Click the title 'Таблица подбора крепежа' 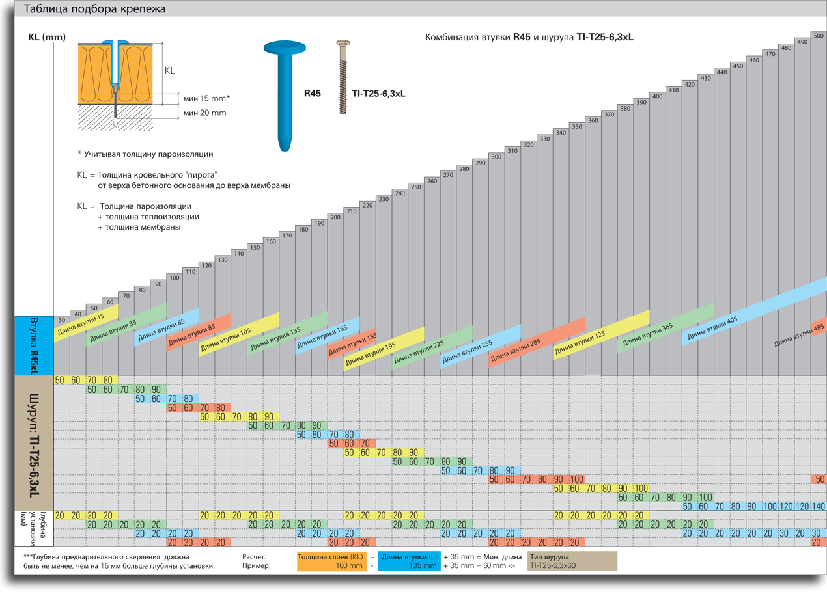click(x=94, y=8)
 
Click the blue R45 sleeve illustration click(x=285, y=96)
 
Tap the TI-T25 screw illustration click(x=343, y=77)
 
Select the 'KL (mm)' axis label click(x=47, y=37)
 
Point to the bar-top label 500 click(x=819, y=36)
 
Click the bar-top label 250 click(x=415, y=187)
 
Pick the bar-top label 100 click(x=175, y=278)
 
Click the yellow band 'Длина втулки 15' click(x=86, y=323)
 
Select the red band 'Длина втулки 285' click(x=537, y=342)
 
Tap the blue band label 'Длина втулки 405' click(x=712, y=328)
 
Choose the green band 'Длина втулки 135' click(x=287, y=334)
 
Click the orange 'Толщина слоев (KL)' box click(x=332, y=561)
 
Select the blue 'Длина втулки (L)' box click(x=409, y=561)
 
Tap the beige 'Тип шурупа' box click(x=572, y=561)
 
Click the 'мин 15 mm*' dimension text click(x=207, y=98)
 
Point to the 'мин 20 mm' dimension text click(x=205, y=113)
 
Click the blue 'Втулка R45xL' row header click(x=34, y=345)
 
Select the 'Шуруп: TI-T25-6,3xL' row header click(x=34, y=443)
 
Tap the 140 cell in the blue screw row click(x=818, y=506)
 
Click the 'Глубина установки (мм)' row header click(x=34, y=528)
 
